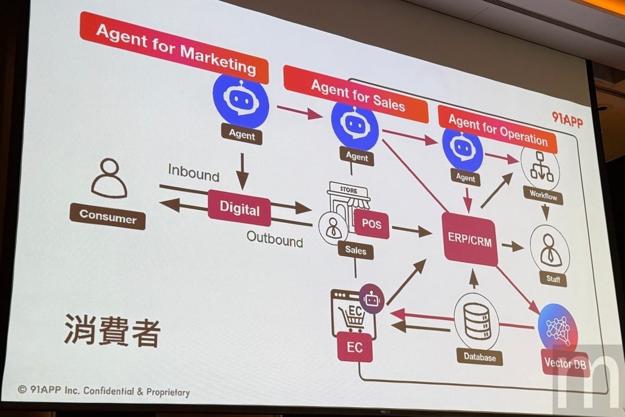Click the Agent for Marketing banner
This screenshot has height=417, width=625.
coord(175,47)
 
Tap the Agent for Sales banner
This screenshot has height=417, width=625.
coord(356,94)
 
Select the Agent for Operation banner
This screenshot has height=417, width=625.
coord(497,129)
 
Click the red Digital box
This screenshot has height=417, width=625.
coord(239,208)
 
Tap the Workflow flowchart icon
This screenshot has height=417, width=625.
coord(541,169)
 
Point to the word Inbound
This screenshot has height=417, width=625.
coord(193,172)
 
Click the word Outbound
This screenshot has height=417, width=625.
coord(274,239)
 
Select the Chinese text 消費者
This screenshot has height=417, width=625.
coord(112,330)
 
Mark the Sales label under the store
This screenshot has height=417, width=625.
coord(355,250)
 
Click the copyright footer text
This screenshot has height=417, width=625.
coord(104,390)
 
